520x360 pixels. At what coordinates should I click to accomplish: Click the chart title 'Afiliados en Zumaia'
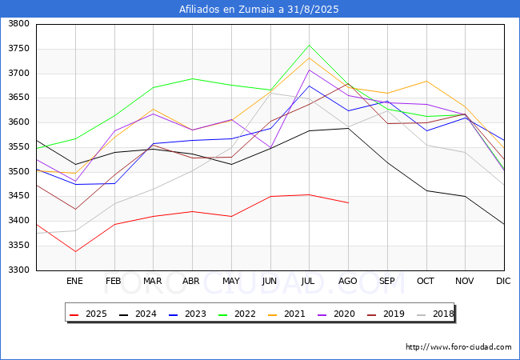pyautogui.click(x=260, y=10)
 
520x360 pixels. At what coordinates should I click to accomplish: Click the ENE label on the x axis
pyautogui.click(x=74, y=281)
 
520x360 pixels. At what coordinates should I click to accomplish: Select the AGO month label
pyautogui.click(x=348, y=281)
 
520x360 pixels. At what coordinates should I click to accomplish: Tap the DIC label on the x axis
pyautogui.click(x=503, y=281)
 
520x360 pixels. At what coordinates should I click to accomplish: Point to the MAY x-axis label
pyautogui.click(x=231, y=281)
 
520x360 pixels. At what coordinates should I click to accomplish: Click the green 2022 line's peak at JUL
pyautogui.click(x=310, y=45)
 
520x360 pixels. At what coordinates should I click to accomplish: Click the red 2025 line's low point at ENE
pyautogui.click(x=74, y=252)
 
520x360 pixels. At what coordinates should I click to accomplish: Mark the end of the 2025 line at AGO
pyautogui.click(x=348, y=203)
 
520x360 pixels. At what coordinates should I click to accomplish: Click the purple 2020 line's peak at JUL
pyautogui.click(x=310, y=70)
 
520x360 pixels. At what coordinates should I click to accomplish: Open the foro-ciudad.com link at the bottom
pyautogui.click(x=458, y=347)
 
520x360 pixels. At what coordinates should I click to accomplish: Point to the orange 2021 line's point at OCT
pyautogui.click(x=426, y=81)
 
